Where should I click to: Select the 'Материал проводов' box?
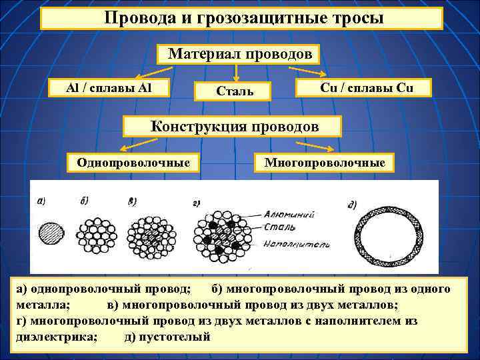[239, 54]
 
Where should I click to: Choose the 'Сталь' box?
[233, 91]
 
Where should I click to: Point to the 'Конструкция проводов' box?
[234, 126]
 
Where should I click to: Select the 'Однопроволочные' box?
[133, 162]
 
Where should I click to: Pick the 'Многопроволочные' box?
[325, 162]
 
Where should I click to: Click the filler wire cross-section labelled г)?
[218, 237]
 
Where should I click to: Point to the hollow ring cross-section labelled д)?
[382, 238]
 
